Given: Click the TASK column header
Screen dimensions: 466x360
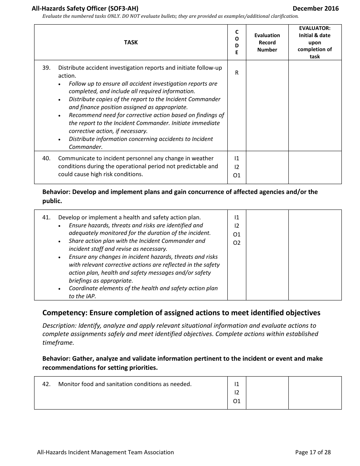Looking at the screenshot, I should coord(131,42).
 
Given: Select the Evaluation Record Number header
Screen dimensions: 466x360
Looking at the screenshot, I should coord(267,42).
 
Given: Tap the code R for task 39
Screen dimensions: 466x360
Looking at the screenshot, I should coord(237,73).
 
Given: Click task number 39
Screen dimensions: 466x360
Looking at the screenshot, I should coord(46,68).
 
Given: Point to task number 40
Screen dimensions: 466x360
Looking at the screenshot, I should coord(46,158).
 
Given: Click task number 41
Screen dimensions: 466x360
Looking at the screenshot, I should coord(46,217).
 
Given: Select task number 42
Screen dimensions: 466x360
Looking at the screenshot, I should coord(46,384).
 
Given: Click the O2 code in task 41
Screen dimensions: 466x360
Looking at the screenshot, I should coord(237,243).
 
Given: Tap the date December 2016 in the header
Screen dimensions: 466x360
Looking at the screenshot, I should coord(316,8).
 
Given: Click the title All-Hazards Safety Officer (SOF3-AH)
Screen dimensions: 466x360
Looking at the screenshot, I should coord(88,8).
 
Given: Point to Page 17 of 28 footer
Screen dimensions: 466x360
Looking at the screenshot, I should coord(313,452).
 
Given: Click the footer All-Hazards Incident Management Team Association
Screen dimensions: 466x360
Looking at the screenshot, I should coord(105,452).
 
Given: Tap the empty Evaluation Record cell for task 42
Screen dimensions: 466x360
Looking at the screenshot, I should coord(267,393).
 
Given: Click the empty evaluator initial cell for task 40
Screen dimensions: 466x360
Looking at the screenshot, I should coord(315,167).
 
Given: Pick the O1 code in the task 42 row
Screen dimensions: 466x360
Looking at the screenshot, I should coord(237,401).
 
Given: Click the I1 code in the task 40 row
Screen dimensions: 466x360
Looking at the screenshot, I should coord(237,158).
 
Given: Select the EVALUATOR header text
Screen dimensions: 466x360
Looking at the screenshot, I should coord(315,28).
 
